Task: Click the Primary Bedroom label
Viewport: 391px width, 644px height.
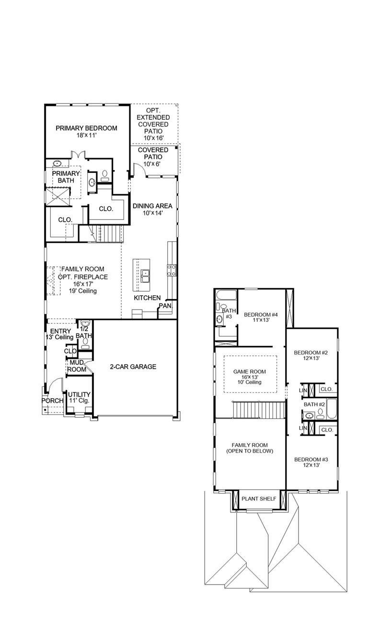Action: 86,131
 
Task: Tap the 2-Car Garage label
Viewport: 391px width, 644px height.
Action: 133,367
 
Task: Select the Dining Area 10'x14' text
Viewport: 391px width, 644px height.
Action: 152,209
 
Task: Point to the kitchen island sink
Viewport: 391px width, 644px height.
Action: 145,274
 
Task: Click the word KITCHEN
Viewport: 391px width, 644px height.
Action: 147,298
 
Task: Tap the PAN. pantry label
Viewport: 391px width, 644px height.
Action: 165,305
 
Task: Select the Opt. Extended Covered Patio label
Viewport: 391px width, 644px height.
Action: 153,124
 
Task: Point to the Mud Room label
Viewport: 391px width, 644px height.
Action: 77,366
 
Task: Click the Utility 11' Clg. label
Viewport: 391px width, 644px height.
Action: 79,398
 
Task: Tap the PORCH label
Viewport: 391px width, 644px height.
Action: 52,401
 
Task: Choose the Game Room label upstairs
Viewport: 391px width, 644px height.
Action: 249,377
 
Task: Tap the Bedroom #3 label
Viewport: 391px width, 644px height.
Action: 311,461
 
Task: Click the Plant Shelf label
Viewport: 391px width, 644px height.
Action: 259,499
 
